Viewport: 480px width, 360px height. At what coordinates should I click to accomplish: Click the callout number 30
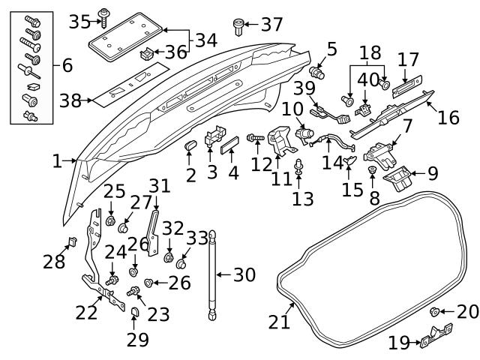[244, 275]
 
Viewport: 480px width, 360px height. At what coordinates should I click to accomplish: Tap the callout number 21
[280, 322]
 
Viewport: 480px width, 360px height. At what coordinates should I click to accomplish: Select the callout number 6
[67, 66]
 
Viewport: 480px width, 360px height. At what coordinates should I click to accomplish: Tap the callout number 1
[58, 160]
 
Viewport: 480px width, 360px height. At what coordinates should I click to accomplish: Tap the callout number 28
[54, 262]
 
